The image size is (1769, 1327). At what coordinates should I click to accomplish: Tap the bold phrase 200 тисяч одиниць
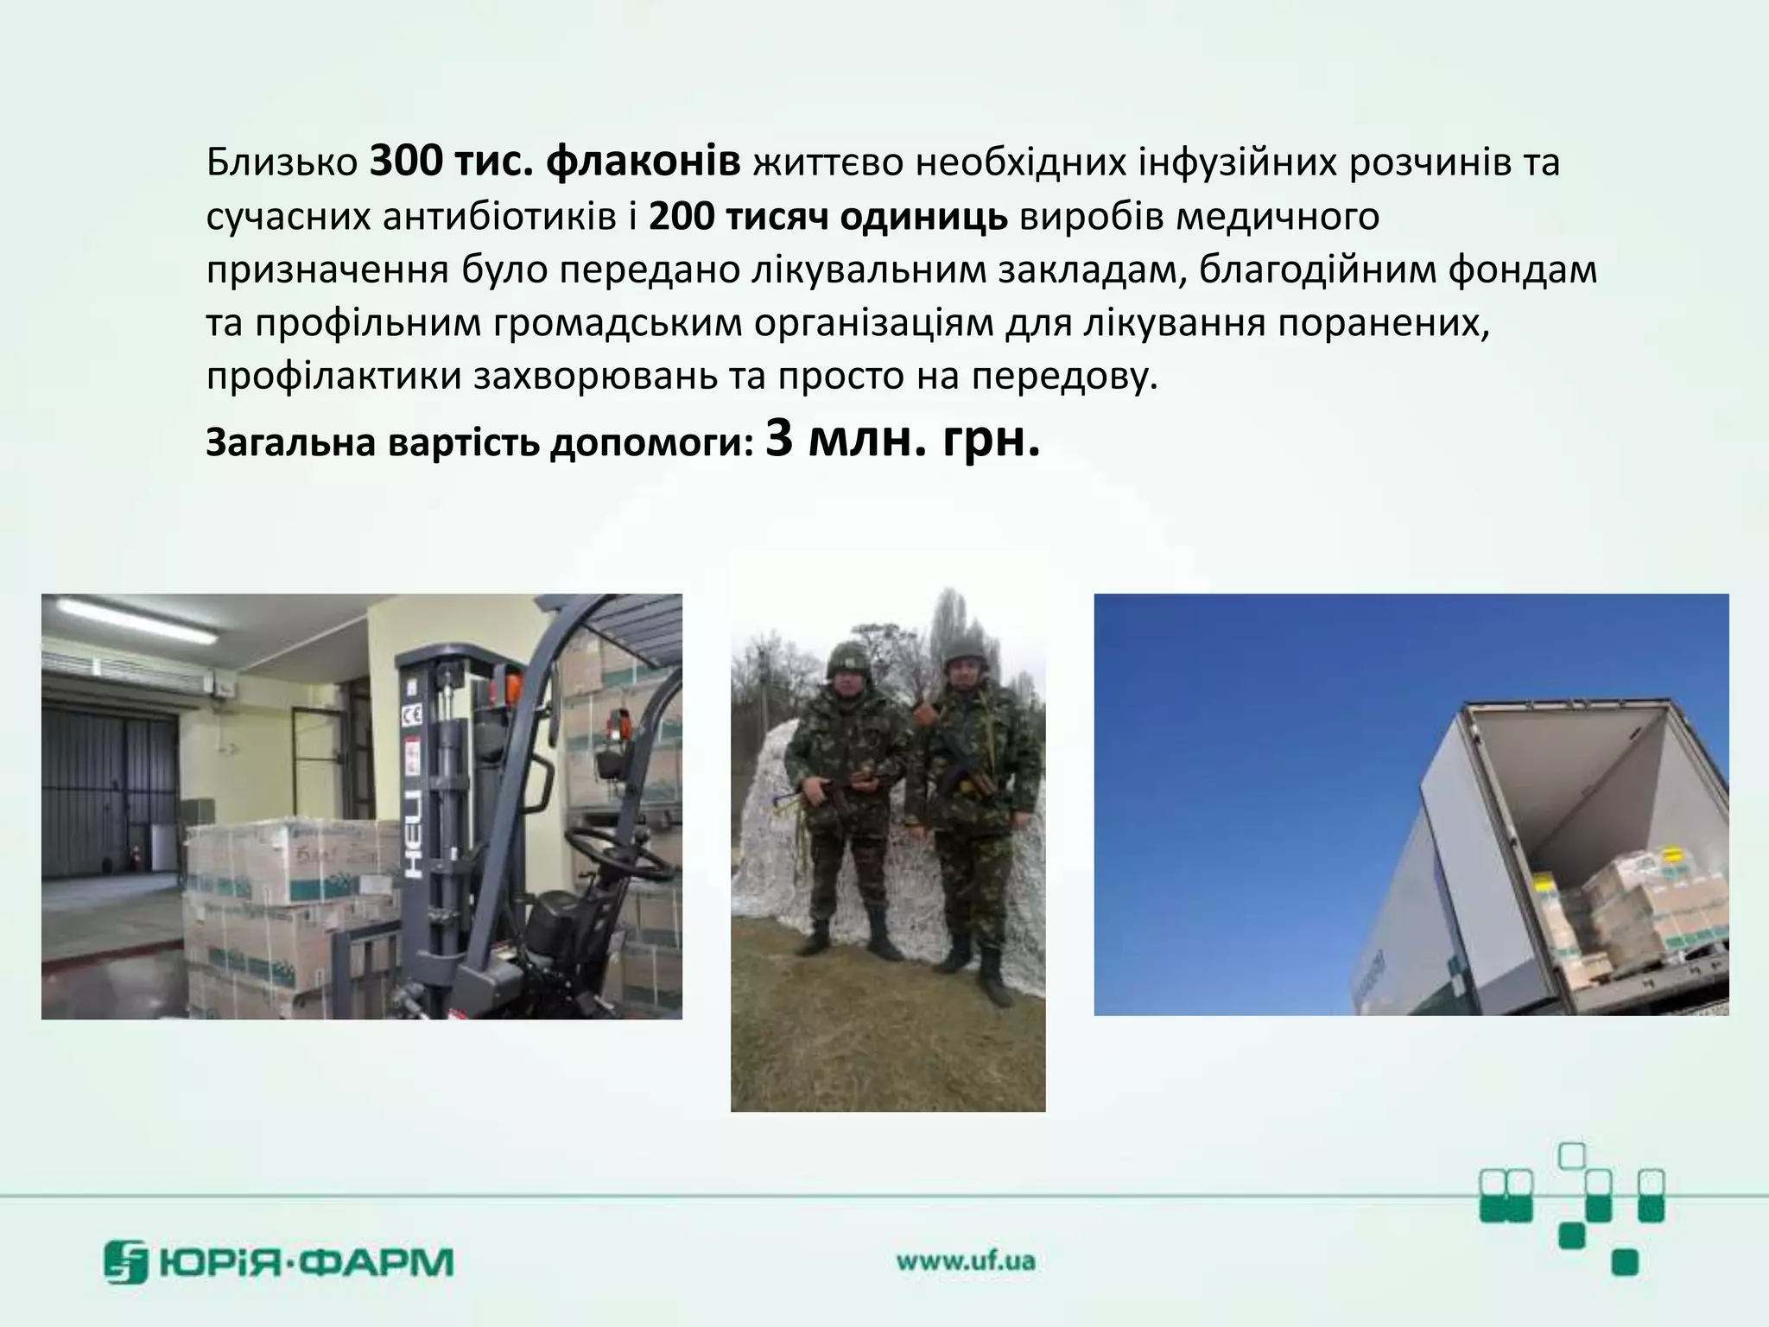coord(827,217)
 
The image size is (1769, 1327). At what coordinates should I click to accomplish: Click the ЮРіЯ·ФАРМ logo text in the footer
coord(306,1263)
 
